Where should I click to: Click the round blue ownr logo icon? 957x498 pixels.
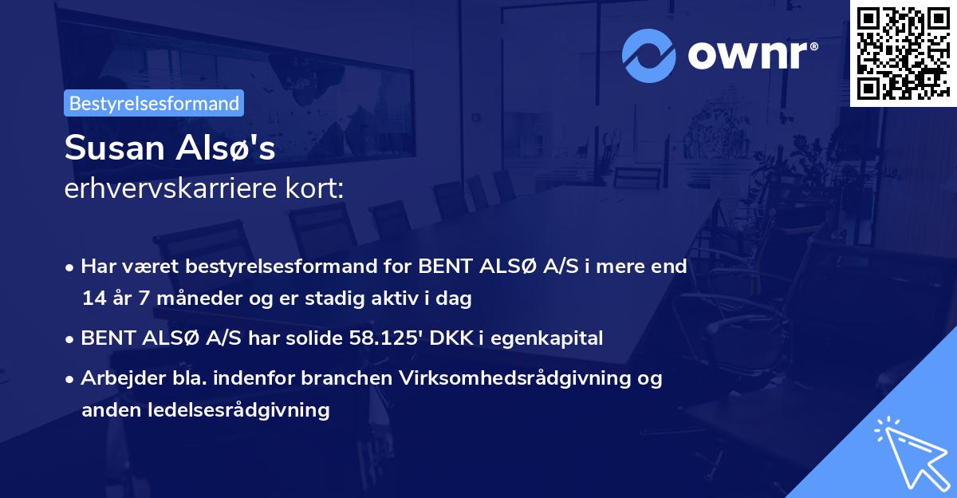coord(650,53)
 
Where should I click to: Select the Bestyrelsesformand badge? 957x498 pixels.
coord(154,103)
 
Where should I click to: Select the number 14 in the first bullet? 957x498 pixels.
coord(93,299)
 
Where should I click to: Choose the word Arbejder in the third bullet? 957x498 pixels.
coord(115,378)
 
